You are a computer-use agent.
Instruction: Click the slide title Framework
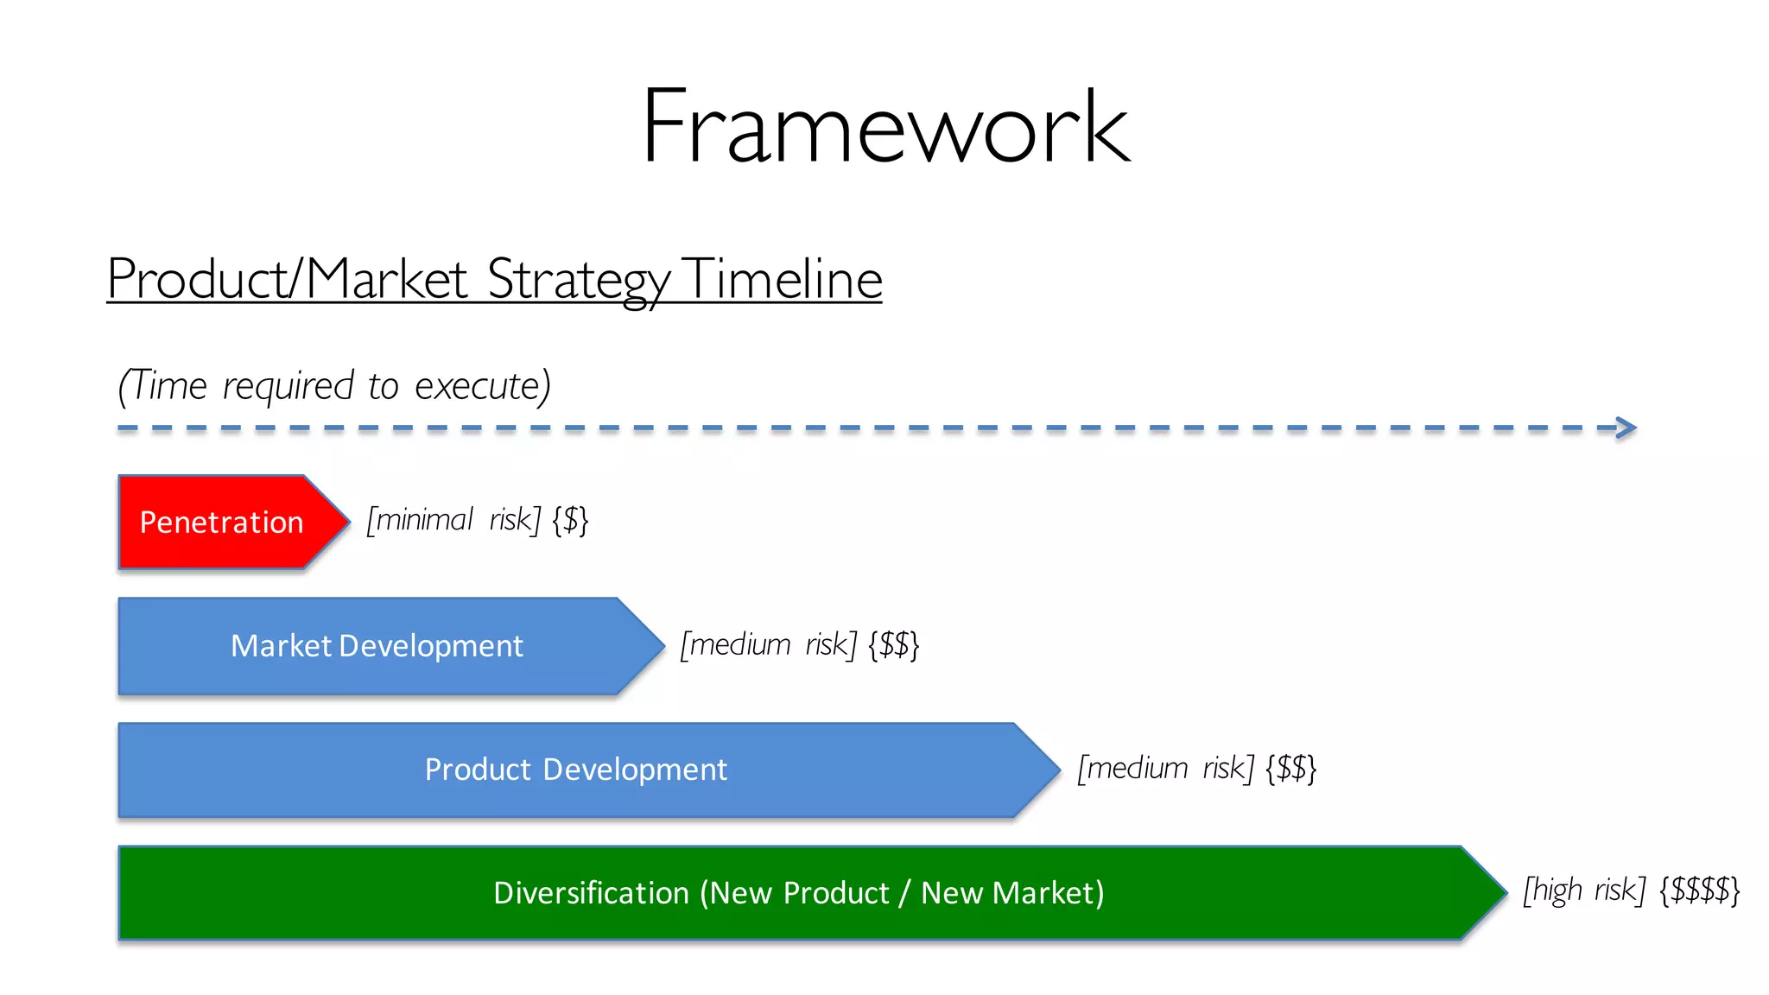pos(885,127)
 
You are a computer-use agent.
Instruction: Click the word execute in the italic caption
pos(482,386)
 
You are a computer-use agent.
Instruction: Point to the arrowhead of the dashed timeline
pos(1626,428)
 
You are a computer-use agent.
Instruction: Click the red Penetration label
pos(221,523)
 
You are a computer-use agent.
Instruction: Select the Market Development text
pos(377,646)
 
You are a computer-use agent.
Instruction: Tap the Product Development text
pos(575,770)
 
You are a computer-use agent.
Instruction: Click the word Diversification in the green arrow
pos(591,893)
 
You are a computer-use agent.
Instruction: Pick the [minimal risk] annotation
pos(453,520)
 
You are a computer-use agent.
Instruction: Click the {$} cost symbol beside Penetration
pos(570,520)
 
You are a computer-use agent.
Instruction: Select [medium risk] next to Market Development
pos(768,644)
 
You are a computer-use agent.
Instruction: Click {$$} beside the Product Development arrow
pos(1290,768)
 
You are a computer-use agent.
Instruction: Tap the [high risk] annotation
pos(1583,890)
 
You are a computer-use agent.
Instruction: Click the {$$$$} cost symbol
pos(1699,890)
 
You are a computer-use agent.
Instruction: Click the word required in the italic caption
pos(288,386)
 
